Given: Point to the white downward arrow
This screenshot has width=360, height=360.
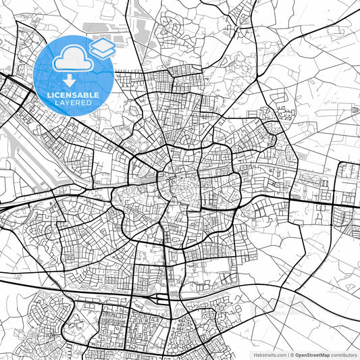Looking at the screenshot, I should [x=69, y=80].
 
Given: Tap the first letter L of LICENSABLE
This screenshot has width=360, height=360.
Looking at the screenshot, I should [x=48, y=94].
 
